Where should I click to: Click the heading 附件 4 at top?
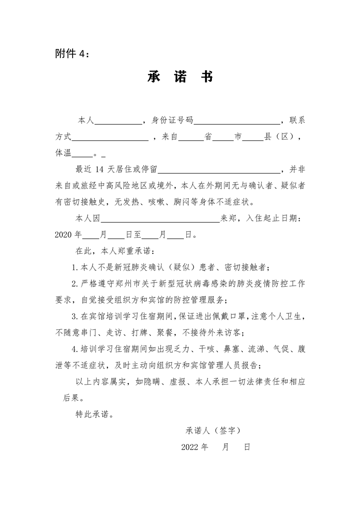point(72,54)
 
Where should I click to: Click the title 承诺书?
point(180,77)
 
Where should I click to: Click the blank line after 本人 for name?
point(118,121)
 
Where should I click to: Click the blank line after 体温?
point(82,154)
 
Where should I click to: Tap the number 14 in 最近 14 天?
point(101,170)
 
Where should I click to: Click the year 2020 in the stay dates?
point(63,235)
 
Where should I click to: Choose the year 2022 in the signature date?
point(191,447)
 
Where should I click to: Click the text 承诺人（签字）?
point(213,430)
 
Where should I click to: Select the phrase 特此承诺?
point(94,414)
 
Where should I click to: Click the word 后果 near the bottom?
point(73,398)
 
